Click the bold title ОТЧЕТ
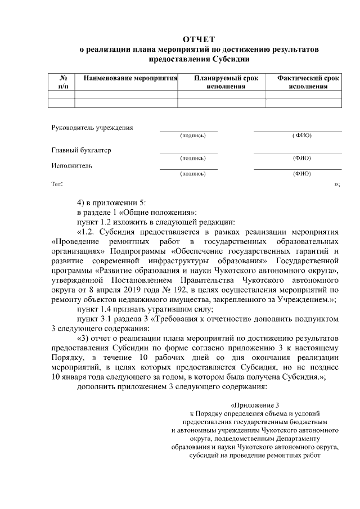click(199, 39)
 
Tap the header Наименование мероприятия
click(130, 78)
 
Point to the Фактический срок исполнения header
click(308, 82)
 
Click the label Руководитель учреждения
click(92, 127)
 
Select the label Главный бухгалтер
click(81, 150)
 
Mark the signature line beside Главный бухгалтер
click(188, 153)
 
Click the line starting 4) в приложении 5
click(111, 202)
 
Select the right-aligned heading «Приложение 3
click(255, 405)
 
